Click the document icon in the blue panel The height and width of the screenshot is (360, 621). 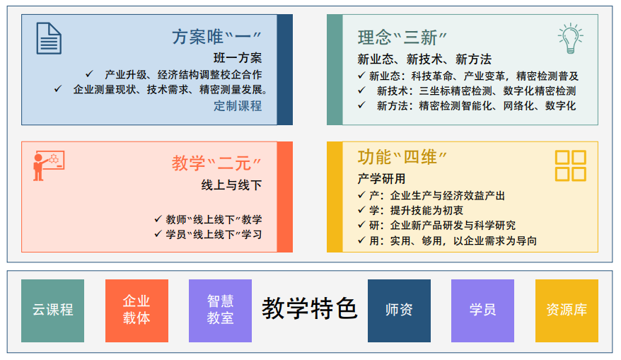click(49, 38)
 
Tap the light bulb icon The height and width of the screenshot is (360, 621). click(570, 38)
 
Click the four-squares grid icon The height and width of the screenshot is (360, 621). click(570, 166)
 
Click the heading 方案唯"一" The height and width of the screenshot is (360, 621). click(217, 37)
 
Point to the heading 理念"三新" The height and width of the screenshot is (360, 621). click(407, 37)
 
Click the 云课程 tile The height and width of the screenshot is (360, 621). click(52, 310)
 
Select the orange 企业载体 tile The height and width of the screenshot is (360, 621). click(137, 310)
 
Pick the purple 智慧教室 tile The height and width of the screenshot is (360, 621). click(220, 310)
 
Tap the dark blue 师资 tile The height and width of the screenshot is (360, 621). click(399, 310)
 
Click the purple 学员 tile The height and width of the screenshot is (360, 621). click(482, 310)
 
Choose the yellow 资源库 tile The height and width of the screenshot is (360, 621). click(567, 310)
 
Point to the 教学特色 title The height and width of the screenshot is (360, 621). click(310, 309)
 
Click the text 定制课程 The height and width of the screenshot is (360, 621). click(238, 106)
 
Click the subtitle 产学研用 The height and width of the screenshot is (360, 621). click(382, 178)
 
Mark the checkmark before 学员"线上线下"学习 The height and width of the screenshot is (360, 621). click(158, 234)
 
